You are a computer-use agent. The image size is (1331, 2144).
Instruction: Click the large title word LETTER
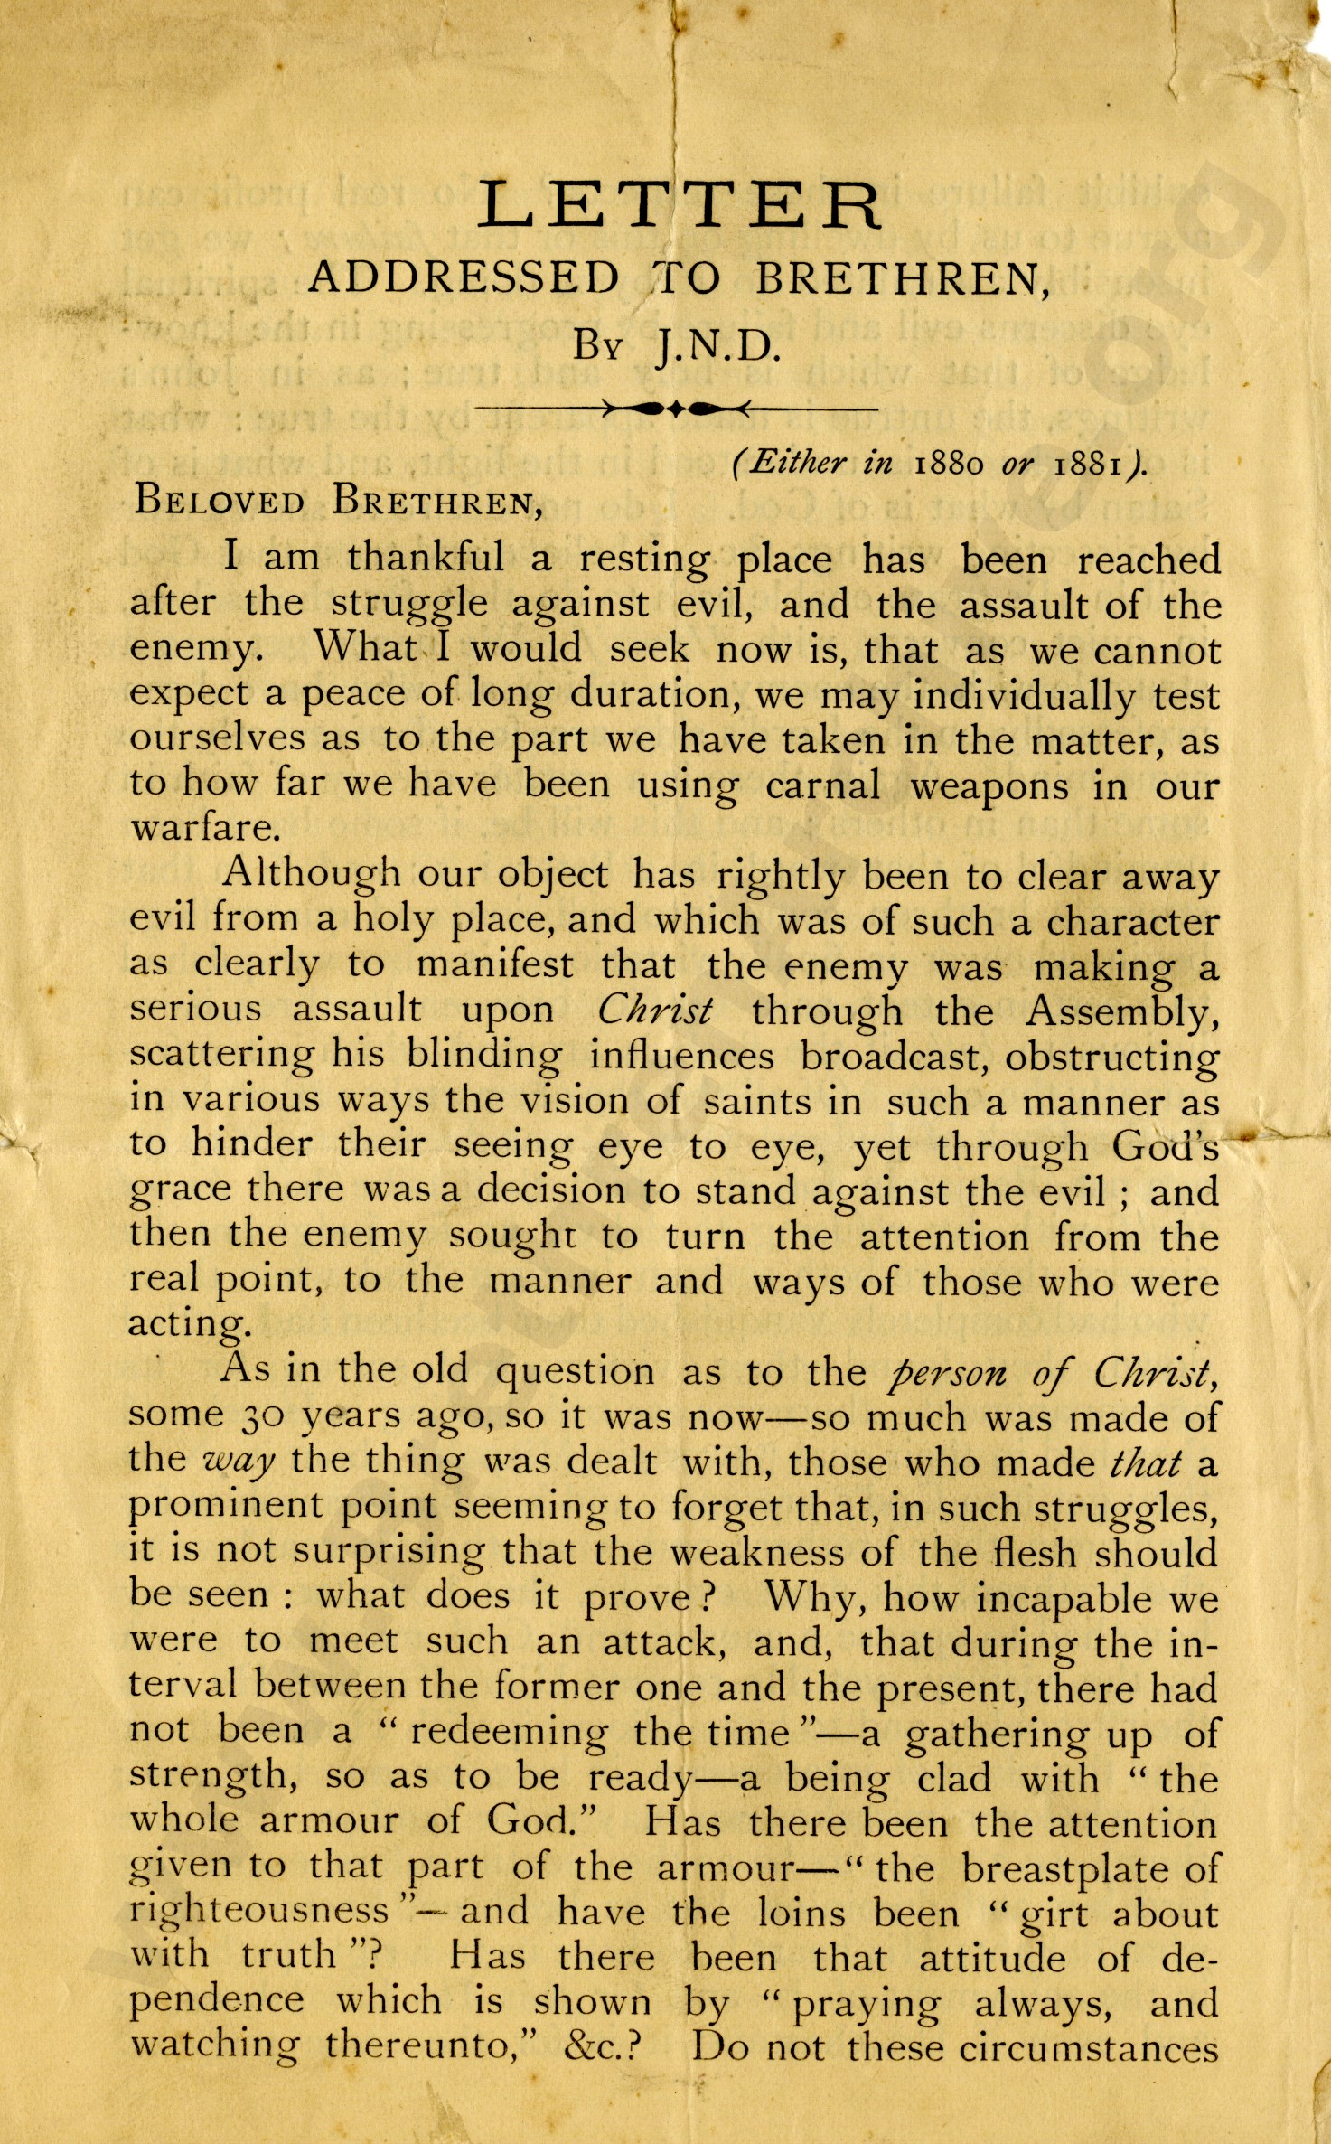click(680, 205)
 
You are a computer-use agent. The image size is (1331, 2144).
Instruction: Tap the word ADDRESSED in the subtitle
click(464, 277)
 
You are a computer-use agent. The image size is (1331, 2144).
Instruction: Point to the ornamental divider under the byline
click(676, 409)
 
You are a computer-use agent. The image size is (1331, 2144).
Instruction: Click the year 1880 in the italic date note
click(948, 464)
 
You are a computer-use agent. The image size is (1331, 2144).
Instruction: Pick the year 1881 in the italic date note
click(1089, 464)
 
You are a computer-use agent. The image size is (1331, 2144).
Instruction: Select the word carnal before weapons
click(822, 785)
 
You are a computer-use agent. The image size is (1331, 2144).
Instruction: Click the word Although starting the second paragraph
click(311, 873)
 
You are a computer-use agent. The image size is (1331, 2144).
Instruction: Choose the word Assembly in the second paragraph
click(1121, 1011)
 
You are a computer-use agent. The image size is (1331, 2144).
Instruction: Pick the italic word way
click(238, 1462)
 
